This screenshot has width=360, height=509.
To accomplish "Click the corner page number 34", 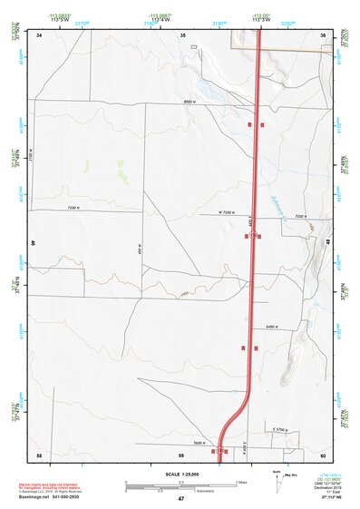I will click(x=39, y=35).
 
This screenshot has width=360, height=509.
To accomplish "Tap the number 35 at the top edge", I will click(x=182, y=35).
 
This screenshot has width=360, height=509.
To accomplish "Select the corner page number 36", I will click(x=323, y=35).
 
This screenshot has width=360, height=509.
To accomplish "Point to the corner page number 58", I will click(x=39, y=455).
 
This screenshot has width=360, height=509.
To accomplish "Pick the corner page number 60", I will click(x=323, y=455).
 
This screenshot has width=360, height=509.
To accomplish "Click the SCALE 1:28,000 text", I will click(x=180, y=474).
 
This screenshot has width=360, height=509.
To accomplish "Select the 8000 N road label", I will click(x=189, y=102).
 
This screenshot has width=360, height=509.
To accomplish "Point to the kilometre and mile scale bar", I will click(x=180, y=484).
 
